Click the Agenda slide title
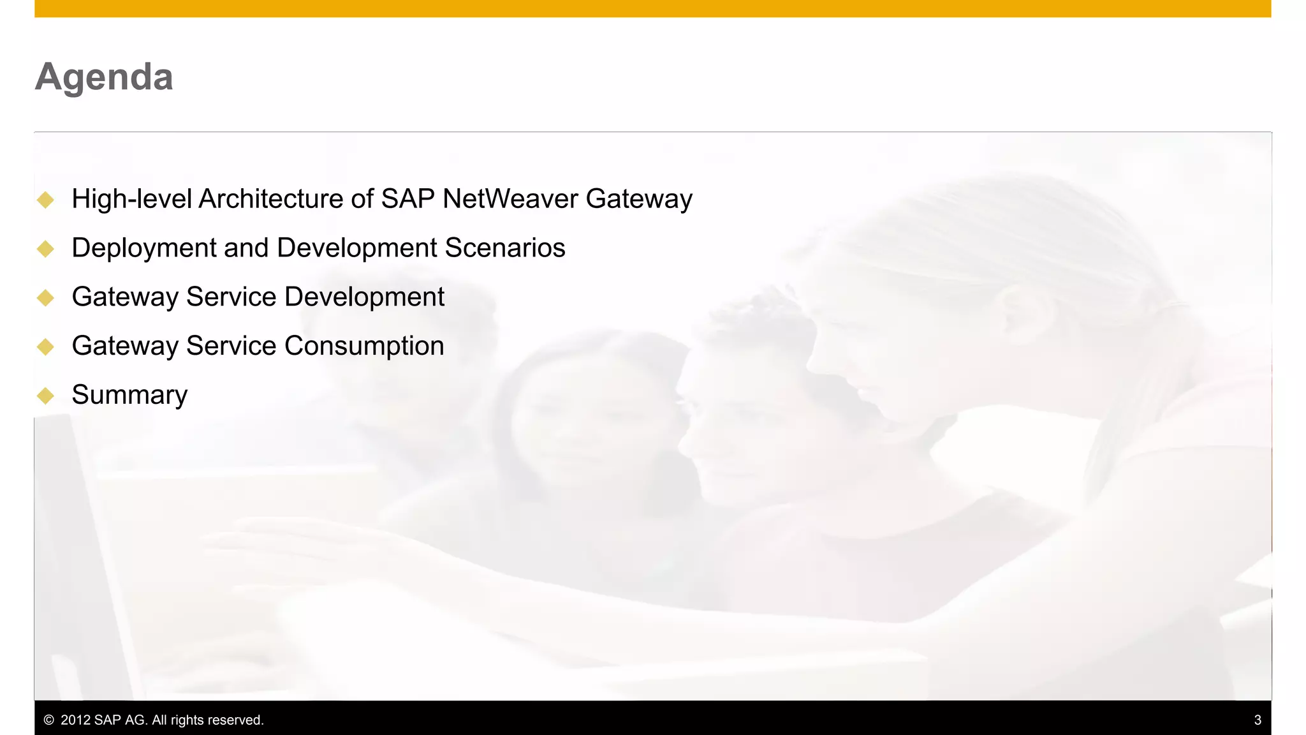pyautogui.click(x=104, y=77)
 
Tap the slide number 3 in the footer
pyautogui.click(x=1258, y=720)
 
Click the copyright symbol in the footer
pyautogui.click(x=48, y=720)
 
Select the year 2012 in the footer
pyautogui.click(x=75, y=720)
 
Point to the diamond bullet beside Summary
pyautogui.click(x=45, y=396)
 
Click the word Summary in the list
pyautogui.click(x=129, y=395)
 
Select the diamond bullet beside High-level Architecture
pyautogui.click(x=45, y=200)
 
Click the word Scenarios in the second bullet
pyautogui.click(x=504, y=248)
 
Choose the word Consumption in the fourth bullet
pyautogui.click(x=364, y=346)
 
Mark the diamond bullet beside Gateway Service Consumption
pyautogui.click(x=45, y=346)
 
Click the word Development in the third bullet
pyautogui.click(x=364, y=297)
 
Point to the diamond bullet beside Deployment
pyautogui.click(x=45, y=249)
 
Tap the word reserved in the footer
pyautogui.click(x=235, y=720)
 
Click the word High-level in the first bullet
pyautogui.click(x=131, y=198)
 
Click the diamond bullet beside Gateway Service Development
pyautogui.click(x=45, y=297)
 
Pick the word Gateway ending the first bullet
pyautogui.click(x=639, y=199)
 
